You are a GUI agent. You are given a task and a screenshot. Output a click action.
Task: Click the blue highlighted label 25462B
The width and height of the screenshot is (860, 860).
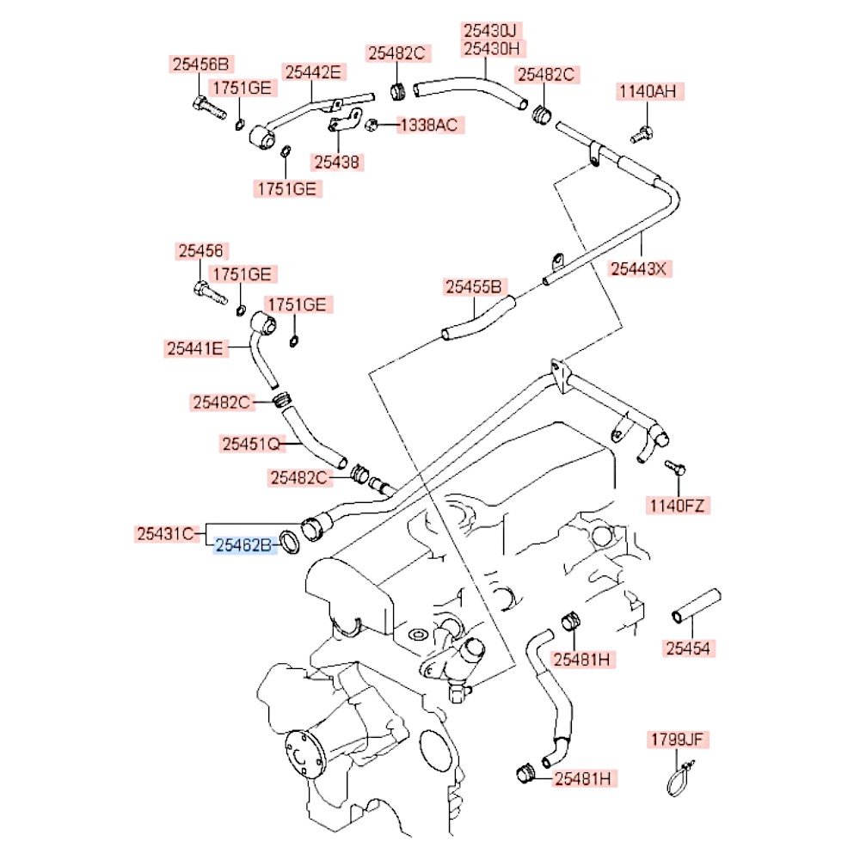[243, 544]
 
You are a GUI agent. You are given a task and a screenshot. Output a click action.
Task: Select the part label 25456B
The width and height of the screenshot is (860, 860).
[200, 64]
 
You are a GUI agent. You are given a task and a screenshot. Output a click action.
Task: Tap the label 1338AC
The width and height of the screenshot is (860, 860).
[431, 125]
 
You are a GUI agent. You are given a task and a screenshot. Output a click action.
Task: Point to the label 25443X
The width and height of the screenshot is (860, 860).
[638, 268]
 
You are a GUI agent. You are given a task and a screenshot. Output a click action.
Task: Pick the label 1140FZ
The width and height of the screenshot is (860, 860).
[677, 506]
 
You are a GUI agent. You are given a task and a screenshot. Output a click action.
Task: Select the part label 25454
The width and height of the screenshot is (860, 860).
[687, 648]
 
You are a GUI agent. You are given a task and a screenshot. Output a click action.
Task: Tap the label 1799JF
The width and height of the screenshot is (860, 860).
[679, 740]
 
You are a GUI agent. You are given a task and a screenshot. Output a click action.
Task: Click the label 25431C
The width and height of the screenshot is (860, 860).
[169, 533]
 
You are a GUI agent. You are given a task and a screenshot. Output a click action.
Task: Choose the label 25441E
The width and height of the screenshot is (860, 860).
[195, 348]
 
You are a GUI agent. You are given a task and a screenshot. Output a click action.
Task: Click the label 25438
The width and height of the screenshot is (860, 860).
[338, 161]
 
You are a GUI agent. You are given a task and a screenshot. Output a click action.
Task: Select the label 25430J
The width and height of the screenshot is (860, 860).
[494, 30]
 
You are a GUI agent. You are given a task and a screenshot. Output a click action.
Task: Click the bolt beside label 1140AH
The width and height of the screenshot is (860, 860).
[639, 134]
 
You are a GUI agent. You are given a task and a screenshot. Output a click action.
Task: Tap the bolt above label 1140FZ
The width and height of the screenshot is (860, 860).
[677, 468]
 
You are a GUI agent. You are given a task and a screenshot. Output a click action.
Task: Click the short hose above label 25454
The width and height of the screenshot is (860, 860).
[696, 605]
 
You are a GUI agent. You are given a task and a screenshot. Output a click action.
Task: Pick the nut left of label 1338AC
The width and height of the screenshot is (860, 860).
[372, 126]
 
